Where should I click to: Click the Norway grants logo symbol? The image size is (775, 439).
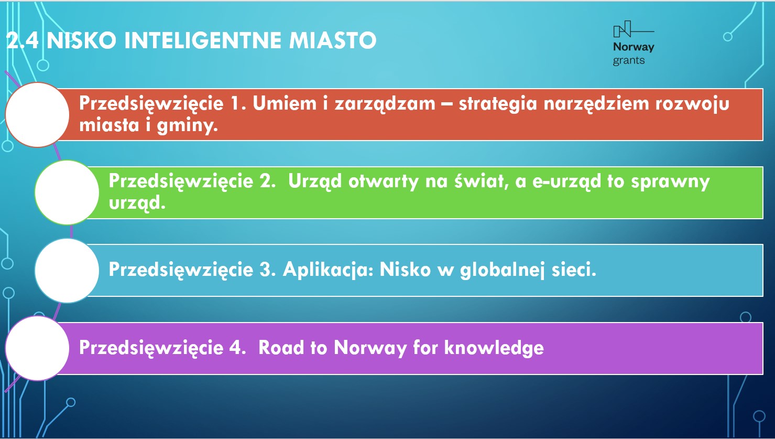(633, 29)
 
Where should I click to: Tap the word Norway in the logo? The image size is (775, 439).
(634, 47)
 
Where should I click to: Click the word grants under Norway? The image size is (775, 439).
(629, 61)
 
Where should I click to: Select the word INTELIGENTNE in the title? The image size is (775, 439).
(203, 40)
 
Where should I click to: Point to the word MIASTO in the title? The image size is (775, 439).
(333, 40)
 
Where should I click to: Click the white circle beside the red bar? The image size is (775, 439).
(37, 114)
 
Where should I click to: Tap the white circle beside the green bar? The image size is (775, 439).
(67, 192)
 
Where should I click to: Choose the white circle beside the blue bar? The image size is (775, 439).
(67, 271)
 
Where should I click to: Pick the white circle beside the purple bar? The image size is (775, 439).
(37, 348)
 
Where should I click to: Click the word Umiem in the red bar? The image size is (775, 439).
(285, 103)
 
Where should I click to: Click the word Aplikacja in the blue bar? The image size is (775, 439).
(328, 270)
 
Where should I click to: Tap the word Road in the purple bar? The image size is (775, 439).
(280, 347)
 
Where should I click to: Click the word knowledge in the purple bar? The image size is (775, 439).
(494, 348)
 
